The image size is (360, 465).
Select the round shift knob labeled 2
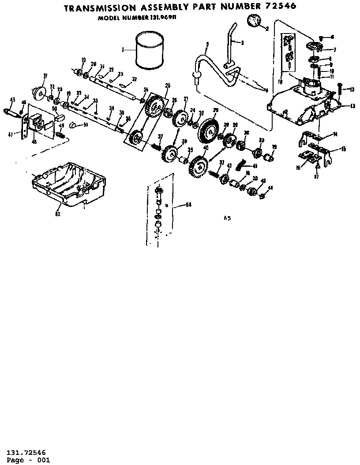tap(254, 21)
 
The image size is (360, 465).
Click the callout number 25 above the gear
tap(168, 85)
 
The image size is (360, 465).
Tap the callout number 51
tap(85, 125)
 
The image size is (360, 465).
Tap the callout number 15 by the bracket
tap(343, 150)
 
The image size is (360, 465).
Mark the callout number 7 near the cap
tap(334, 50)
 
